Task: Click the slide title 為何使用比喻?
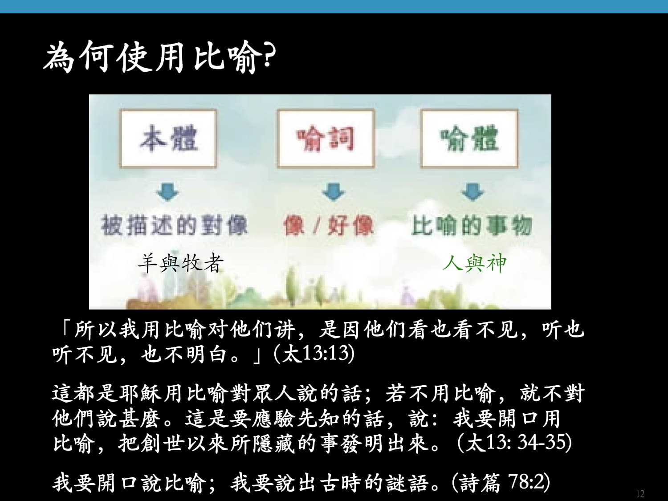[160, 57]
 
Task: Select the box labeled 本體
[169, 138]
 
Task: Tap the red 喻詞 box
[326, 138]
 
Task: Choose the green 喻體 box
[469, 138]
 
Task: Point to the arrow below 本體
[168, 191]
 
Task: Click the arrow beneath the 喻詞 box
[333, 191]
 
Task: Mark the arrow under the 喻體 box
[472, 191]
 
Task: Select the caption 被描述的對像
[175, 225]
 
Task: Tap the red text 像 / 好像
[328, 225]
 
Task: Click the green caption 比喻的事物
[472, 225]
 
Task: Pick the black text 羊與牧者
[181, 263]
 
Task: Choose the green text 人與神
[474, 263]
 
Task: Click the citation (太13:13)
[314, 354]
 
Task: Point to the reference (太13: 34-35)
[514, 443]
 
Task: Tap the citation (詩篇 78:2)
[501, 482]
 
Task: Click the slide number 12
[640, 493]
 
